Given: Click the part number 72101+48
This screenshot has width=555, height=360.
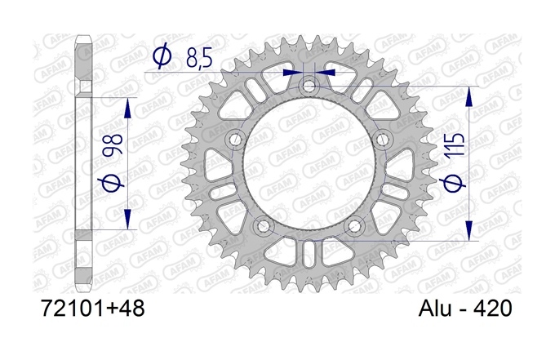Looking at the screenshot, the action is click(x=93, y=308).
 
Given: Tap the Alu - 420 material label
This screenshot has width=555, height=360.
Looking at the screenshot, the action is click(x=465, y=308).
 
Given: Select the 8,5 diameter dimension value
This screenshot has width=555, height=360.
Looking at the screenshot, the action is click(x=199, y=58).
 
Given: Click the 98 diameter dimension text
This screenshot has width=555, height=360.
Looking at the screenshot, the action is click(x=113, y=144).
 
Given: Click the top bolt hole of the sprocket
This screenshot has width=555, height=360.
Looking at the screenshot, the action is click(x=309, y=86).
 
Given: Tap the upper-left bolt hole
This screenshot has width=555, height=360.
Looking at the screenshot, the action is click(x=235, y=140).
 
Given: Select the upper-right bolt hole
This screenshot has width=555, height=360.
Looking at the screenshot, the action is click(x=383, y=140).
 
